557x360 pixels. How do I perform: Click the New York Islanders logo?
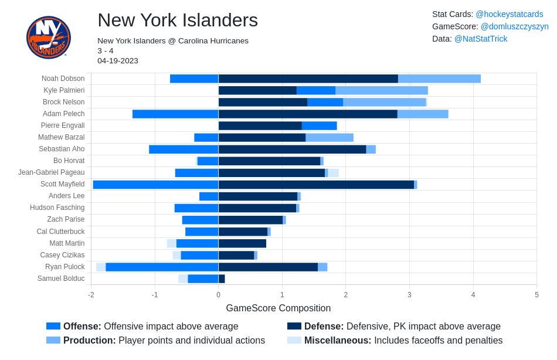click(x=48, y=37)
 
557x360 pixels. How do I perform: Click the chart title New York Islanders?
click(x=178, y=20)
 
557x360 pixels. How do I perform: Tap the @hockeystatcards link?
click(x=509, y=14)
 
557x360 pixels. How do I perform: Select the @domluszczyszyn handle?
click(x=514, y=26)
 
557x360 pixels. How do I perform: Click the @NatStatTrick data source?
click(x=481, y=39)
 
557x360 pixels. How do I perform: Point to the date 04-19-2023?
click(x=118, y=61)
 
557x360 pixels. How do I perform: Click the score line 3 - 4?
click(x=106, y=51)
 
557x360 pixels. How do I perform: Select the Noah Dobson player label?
click(x=63, y=79)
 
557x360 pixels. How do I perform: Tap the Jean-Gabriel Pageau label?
click(x=52, y=172)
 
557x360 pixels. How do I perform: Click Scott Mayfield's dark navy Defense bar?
click(x=316, y=185)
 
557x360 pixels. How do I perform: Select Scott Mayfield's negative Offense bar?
click(x=155, y=185)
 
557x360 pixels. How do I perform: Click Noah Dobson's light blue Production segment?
click(x=439, y=79)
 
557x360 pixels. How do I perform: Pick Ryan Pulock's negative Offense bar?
click(x=162, y=267)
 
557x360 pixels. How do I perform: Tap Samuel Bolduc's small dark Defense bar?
click(x=222, y=279)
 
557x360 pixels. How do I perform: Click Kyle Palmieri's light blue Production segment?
click(x=382, y=91)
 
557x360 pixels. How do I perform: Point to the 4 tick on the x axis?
click(x=473, y=295)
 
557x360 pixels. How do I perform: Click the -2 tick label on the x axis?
click(x=91, y=295)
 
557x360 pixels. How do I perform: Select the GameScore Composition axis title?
click(x=278, y=308)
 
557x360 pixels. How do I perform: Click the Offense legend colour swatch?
click(x=53, y=326)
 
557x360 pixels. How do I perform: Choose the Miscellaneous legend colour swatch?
click(x=294, y=340)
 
